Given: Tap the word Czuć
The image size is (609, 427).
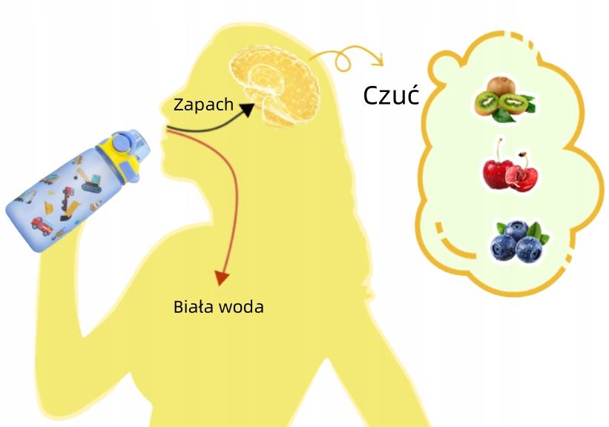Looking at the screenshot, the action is pyautogui.click(x=392, y=96).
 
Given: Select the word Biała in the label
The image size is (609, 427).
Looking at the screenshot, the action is pyautogui.click(x=195, y=306).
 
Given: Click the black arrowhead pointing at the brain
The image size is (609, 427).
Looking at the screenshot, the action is pyautogui.click(x=247, y=109).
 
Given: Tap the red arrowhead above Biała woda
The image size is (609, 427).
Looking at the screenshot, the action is pyautogui.click(x=220, y=278).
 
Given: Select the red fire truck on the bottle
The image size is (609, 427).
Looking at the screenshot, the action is pyautogui.click(x=42, y=223).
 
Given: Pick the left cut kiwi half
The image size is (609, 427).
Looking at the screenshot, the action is pyautogui.click(x=487, y=105).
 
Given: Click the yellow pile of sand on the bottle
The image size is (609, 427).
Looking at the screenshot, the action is pyautogui.click(x=66, y=215).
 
